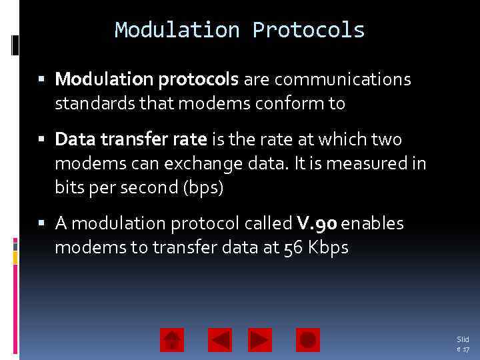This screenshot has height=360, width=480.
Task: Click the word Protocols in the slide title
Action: coord(308,30)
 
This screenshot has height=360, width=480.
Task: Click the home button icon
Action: coord(172,340)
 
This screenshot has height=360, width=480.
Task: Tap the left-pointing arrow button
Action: coord(219,340)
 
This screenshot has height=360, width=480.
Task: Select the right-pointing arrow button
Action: coord(260,340)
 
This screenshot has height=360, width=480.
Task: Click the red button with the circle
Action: coord(307,340)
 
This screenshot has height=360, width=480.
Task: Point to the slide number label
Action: coord(462,344)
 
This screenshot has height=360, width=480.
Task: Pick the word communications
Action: coord(343,80)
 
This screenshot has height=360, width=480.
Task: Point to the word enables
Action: coord(373,223)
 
